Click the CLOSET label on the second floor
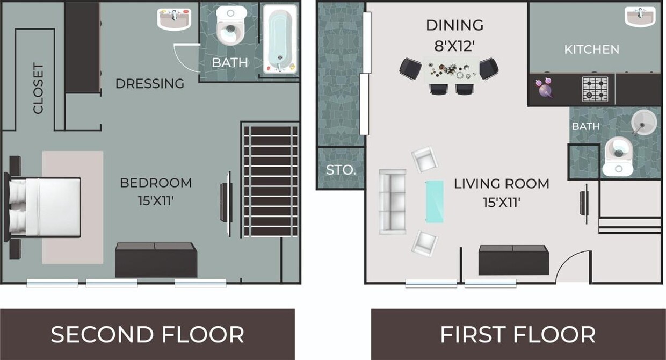(x=38, y=89)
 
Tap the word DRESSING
(x=150, y=84)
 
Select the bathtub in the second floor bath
(x=280, y=39)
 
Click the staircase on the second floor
(x=271, y=180)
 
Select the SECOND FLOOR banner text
(x=147, y=334)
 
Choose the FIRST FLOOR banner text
(x=517, y=334)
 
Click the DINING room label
(x=454, y=25)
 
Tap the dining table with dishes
(x=450, y=70)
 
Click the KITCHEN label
(x=591, y=49)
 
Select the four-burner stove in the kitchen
(x=595, y=89)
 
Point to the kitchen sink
(x=640, y=17)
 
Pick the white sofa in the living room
(x=393, y=201)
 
